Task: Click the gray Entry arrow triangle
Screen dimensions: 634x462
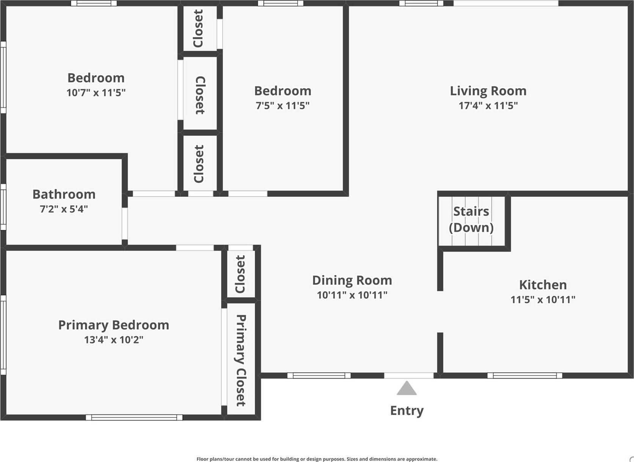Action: point(407,388)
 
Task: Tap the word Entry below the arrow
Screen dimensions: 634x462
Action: point(407,411)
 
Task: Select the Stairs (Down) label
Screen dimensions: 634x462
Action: point(471,219)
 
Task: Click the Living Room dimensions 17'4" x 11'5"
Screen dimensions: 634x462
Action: point(488,105)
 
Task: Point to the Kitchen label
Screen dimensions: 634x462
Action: point(543,285)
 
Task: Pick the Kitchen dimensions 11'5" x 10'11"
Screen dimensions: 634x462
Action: point(543,300)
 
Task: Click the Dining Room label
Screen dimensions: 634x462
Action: point(352,280)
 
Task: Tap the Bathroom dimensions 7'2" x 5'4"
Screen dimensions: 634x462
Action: point(64,209)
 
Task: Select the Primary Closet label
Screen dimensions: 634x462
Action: point(240,360)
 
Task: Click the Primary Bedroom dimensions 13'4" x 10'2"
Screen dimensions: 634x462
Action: point(113,339)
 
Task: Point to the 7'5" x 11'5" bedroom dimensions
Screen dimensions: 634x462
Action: point(282,105)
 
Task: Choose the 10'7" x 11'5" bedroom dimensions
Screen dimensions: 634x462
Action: point(96,93)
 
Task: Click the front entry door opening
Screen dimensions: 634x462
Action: point(409,376)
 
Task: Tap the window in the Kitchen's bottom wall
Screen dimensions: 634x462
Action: point(525,376)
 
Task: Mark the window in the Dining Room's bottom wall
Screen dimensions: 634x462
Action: point(319,376)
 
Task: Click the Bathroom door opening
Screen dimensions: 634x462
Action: point(124,224)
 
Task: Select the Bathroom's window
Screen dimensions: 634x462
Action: point(3,207)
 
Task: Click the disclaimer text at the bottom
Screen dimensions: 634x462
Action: point(317,459)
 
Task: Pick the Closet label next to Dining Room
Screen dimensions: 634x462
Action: point(240,274)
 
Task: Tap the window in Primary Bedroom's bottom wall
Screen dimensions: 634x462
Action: point(134,418)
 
